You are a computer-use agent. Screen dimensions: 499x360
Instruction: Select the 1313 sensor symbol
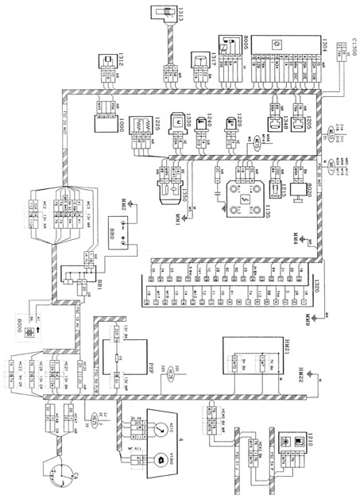[x=166, y=15]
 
